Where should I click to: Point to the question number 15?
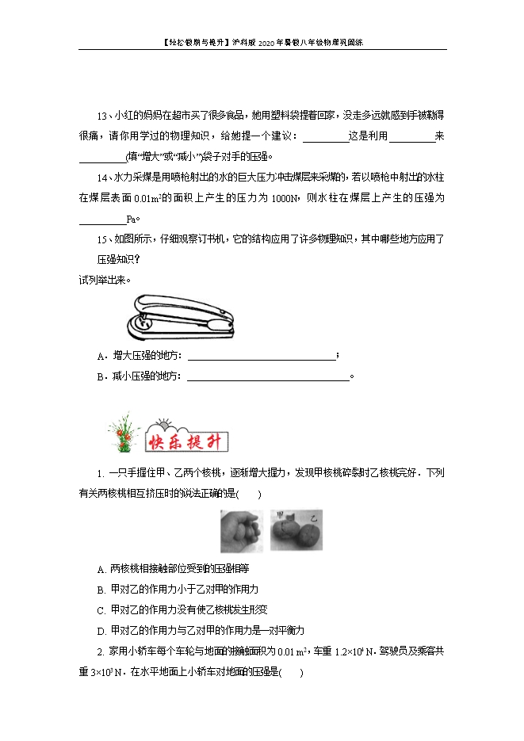101,239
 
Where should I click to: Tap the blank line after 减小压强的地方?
267,376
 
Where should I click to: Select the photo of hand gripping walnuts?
241,530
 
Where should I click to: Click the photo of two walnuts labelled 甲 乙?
296,529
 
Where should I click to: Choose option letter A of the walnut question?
101,569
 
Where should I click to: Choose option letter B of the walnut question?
101,590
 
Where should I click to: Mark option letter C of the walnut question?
101,610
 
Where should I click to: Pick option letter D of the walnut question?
101,631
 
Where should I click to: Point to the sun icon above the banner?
166,423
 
